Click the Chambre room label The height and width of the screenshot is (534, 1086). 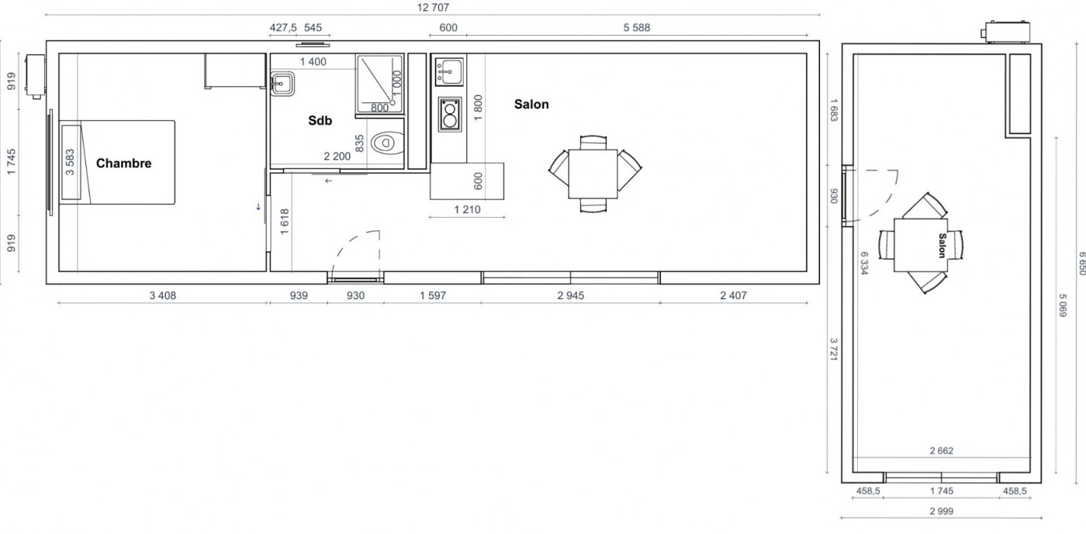coord(123,164)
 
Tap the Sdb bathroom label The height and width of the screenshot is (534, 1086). coord(320,120)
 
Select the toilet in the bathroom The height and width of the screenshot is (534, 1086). coord(387,143)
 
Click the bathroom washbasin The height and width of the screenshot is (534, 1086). coord(282,84)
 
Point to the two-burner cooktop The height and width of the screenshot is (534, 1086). coord(450,115)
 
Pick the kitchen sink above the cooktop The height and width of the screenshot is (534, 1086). coord(449,72)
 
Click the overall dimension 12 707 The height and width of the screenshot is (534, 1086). coord(433,7)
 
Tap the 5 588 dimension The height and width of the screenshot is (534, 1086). coord(637,28)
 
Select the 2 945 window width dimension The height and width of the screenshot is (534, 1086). coord(571,295)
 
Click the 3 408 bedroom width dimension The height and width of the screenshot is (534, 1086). coord(162,295)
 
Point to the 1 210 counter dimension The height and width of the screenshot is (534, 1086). coord(467,210)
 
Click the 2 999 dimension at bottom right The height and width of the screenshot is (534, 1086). coord(942,512)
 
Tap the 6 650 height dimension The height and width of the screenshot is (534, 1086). coord(1081,263)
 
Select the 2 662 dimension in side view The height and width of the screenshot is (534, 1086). coord(942,450)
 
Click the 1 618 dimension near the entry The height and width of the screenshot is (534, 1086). coord(285,222)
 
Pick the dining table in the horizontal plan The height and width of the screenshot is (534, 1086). coord(593,174)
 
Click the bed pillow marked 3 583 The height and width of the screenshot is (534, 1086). coord(71,162)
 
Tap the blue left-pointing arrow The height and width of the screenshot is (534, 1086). coord(328,181)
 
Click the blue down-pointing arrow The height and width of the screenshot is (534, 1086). coord(258,207)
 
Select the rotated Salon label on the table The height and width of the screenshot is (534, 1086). coord(942,245)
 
